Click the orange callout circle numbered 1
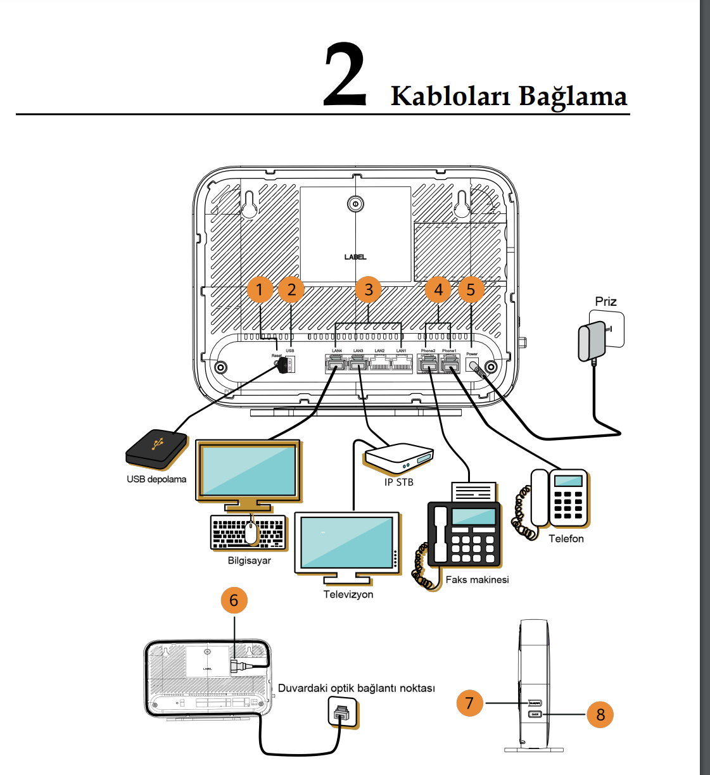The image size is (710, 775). point(260,289)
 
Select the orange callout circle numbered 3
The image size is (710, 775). point(368,290)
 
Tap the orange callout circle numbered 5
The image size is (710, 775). point(471,289)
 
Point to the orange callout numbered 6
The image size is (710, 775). point(234,600)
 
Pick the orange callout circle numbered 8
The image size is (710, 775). point(600,715)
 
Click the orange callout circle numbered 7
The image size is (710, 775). point(469,703)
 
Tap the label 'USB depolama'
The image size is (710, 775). point(156,479)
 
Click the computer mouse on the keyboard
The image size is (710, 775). point(251,532)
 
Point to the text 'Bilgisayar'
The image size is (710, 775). point(250,560)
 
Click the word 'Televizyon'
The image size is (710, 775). point(348,595)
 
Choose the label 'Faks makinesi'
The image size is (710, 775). point(477,579)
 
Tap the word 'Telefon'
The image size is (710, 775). point(566,539)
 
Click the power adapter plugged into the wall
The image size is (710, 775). point(592,342)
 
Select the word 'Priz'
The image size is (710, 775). point(605,301)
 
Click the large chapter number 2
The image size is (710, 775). point(345,75)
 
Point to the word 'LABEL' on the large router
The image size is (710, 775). point(355,257)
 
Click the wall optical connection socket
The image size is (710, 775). point(343,713)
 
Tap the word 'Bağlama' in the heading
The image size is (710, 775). point(573,96)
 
